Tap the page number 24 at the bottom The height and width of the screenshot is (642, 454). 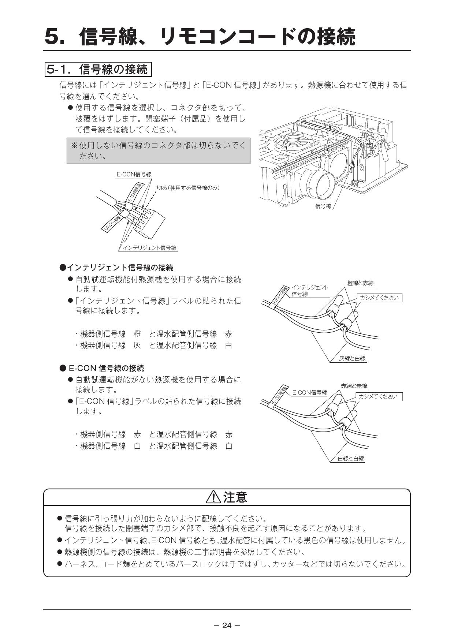click(x=227, y=626)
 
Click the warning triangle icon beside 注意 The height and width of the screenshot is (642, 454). click(x=213, y=497)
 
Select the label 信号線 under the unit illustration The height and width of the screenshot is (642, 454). click(x=323, y=206)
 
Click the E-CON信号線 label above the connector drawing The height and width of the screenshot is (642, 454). click(x=134, y=175)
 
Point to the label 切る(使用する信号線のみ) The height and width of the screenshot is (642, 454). click(x=188, y=188)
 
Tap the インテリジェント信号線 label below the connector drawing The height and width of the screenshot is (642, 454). click(x=149, y=248)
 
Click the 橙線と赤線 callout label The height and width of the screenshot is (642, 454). click(x=360, y=283)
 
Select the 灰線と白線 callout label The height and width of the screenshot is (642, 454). click(x=352, y=359)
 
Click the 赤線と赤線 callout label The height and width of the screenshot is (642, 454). click(x=354, y=386)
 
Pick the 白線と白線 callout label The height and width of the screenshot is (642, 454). click(x=351, y=459)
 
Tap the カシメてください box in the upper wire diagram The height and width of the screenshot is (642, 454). click(x=379, y=298)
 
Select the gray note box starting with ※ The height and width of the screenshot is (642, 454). click(x=158, y=151)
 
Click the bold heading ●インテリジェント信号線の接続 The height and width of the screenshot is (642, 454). click(x=116, y=268)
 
